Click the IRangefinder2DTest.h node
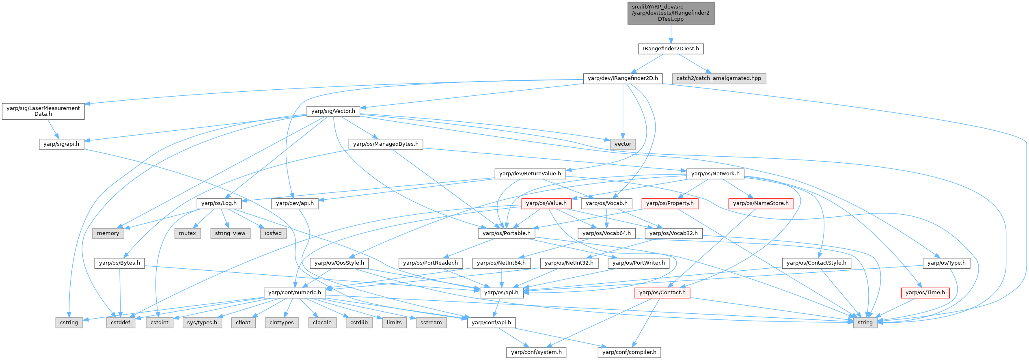point(671,49)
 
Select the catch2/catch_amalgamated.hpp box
point(718,78)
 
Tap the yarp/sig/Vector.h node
point(333,111)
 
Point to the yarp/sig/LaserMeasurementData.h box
point(43,111)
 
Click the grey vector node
point(623,144)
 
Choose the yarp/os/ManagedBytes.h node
point(386,144)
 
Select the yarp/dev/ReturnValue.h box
point(530,174)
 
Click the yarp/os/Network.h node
point(715,174)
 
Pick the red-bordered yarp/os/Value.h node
point(546,203)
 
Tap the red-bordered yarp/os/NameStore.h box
point(761,203)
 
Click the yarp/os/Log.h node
point(219,203)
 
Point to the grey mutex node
point(188,233)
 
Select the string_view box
point(230,233)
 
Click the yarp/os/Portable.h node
point(507,233)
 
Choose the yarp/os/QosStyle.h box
point(340,263)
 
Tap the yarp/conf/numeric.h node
point(295,293)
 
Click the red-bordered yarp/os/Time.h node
point(925,293)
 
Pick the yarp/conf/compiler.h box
point(629,352)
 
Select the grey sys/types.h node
point(202,323)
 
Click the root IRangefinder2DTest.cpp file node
point(671,13)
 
